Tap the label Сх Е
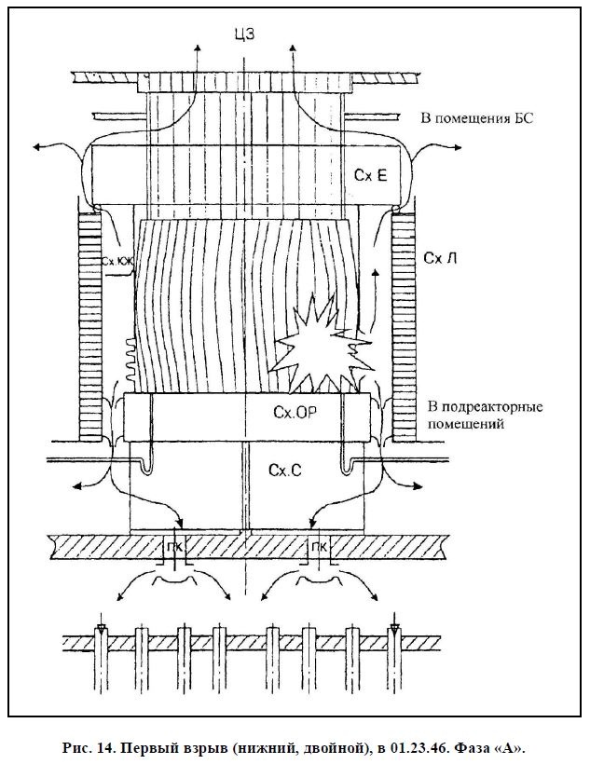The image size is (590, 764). click(x=370, y=174)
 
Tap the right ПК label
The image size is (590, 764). click(x=319, y=546)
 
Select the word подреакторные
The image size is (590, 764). click(x=484, y=408)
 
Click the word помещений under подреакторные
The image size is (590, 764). click(x=467, y=424)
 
